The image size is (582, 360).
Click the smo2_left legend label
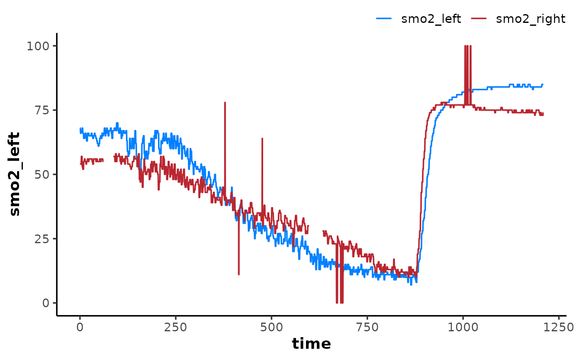(x=431, y=19)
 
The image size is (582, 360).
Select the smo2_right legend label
(x=531, y=19)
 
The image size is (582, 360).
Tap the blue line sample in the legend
(x=383, y=18)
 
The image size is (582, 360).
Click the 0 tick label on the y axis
(x=46, y=303)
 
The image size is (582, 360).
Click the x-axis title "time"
(x=311, y=344)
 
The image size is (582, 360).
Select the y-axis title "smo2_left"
(x=15, y=174)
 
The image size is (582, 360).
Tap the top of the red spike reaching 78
(x=225, y=102)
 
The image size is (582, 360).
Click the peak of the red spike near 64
(x=262, y=138)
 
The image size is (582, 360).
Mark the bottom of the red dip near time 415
(x=239, y=274)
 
